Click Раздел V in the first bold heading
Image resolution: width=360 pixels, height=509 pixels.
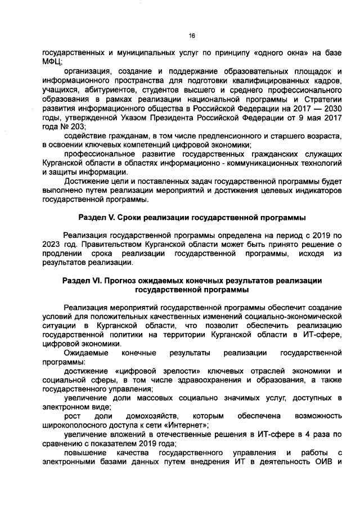(x=96, y=217)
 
